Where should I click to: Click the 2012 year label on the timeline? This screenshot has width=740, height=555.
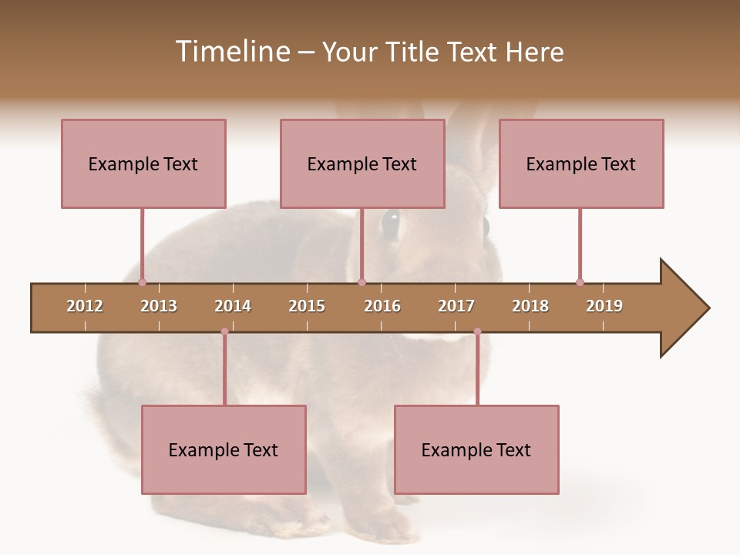click(x=85, y=306)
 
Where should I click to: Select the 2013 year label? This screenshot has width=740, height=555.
click(x=159, y=306)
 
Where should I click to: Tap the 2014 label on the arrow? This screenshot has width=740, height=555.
click(x=233, y=306)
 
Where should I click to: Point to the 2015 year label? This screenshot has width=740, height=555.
click(x=307, y=306)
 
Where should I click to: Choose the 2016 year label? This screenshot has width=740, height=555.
click(x=382, y=306)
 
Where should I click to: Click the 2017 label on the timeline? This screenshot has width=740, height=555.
click(x=456, y=306)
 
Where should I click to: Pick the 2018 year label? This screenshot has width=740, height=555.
click(x=530, y=306)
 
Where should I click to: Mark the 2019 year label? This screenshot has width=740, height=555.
click(x=604, y=306)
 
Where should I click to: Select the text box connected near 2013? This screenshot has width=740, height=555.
click(x=143, y=163)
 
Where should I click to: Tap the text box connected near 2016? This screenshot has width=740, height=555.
click(x=362, y=163)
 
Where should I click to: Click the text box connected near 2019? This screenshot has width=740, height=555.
click(x=581, y=163)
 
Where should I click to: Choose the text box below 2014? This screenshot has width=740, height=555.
click(x=224, y=449)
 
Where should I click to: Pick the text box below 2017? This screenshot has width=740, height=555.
click(x=476, y=449)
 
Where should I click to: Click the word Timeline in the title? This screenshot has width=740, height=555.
click(x=231, y=52)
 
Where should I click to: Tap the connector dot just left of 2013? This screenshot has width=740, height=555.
click(x=142, y=282)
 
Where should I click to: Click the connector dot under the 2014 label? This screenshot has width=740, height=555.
click(x=224, y=331)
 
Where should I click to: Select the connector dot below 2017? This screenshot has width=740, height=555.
click(x=477, y=331)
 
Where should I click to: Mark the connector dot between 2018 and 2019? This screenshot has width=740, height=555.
click(x=580, y=282)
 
